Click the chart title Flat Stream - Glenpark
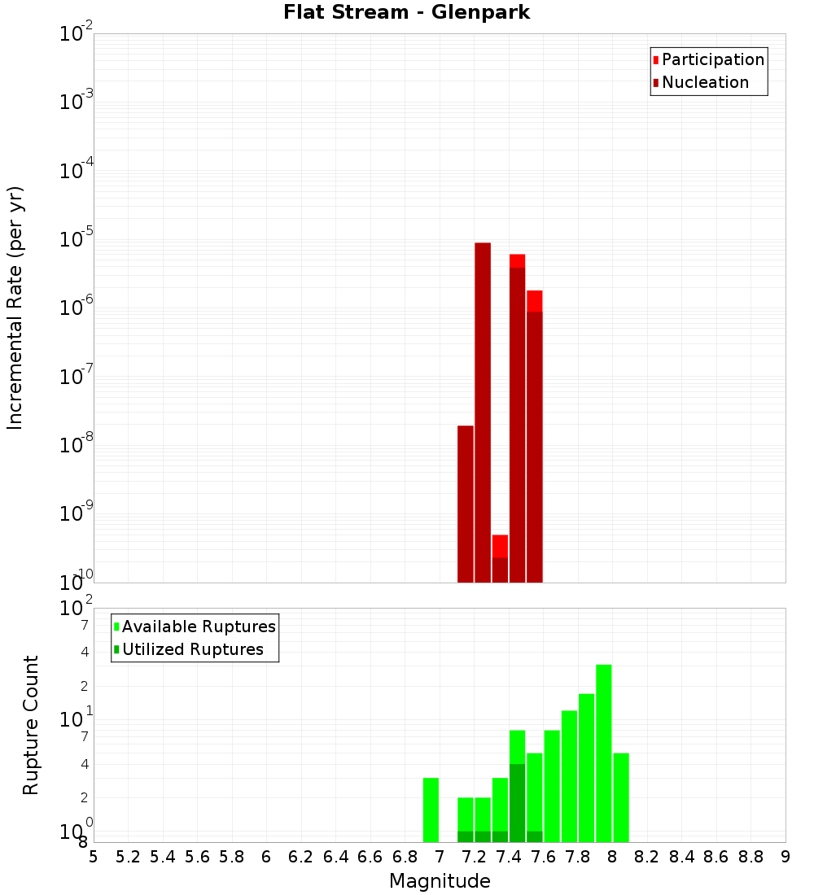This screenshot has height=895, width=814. [x=406, y=12]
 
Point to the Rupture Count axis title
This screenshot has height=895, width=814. [x=31, y=725]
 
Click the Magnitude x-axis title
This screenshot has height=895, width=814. [x=440, y=881]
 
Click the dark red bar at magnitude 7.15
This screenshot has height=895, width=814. [x=466, y=504]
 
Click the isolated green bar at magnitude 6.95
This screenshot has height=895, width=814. [x=431, y=810]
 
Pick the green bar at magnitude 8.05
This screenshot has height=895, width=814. [x=621, y=797]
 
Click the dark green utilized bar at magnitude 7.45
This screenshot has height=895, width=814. [x=517, y=802]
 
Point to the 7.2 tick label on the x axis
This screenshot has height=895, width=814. [x=474, y=857]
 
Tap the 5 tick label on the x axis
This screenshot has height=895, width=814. [x=94, y=857]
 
